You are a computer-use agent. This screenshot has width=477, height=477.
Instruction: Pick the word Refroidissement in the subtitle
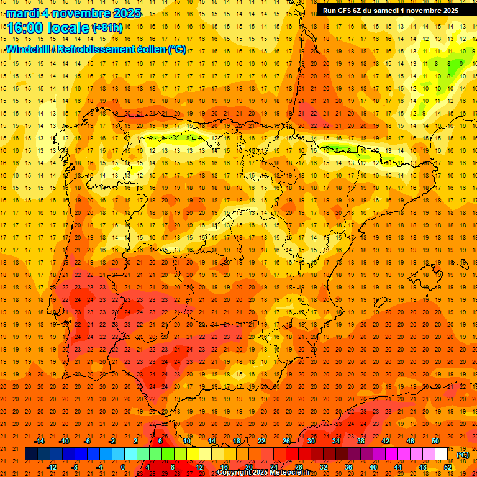tap(99, 49)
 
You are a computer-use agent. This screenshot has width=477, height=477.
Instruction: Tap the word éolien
tap(153, 49)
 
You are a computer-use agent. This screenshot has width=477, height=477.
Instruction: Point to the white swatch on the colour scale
tap(441, 454)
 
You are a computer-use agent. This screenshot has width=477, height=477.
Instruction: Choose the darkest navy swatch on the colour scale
tap(31, 454)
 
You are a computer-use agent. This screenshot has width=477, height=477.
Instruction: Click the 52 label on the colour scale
tap(448, 466)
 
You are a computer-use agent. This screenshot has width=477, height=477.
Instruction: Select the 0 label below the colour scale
tap(123, 466)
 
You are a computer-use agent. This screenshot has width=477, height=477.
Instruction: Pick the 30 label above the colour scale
tap(311, 441)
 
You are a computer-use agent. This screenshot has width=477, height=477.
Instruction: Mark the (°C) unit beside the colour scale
tap(462, 455)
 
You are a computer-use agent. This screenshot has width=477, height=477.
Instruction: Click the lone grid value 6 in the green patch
tap(461, 63)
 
